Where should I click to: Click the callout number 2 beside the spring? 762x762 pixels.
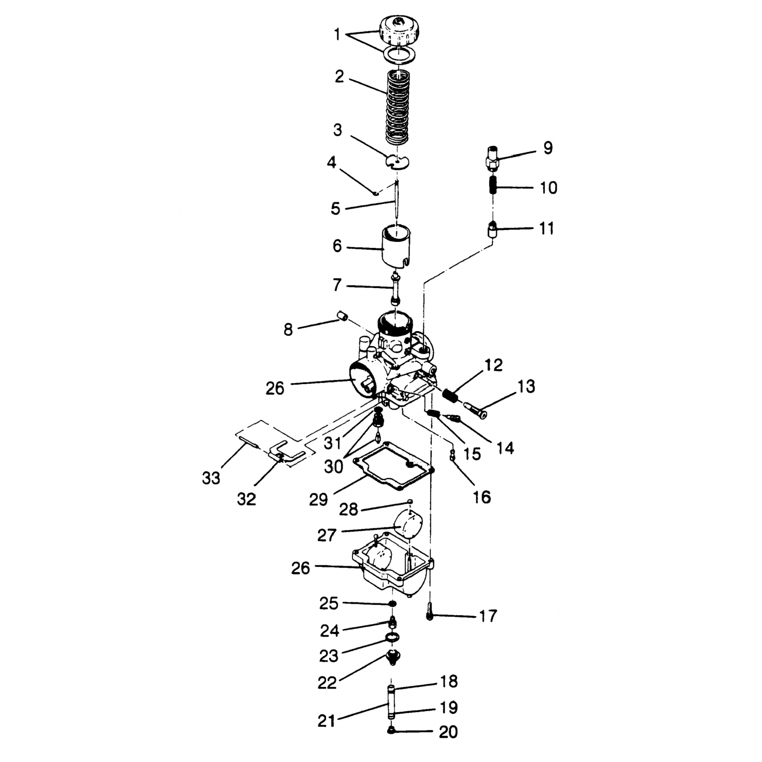pyautogui.click(x=339, y=77)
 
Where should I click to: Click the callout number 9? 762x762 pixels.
pyautogui.click(x=547, y=148)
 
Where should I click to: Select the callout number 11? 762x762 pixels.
pyautogui.click(x=546, y=228)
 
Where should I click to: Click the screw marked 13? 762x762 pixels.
pyautogui.click(x=475, y=409)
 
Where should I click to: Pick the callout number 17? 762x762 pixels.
pyautogui.click(x=488, y=616)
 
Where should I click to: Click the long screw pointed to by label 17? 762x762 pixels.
pyautogui.click(x=430, y=610)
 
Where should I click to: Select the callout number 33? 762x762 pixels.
pyautogui.click(x=211, y=478)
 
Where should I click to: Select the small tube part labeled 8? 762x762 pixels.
pyautogui.click(x=342, y=317)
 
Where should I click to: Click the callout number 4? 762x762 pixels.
pyautogui.click(x=332, y=163)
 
